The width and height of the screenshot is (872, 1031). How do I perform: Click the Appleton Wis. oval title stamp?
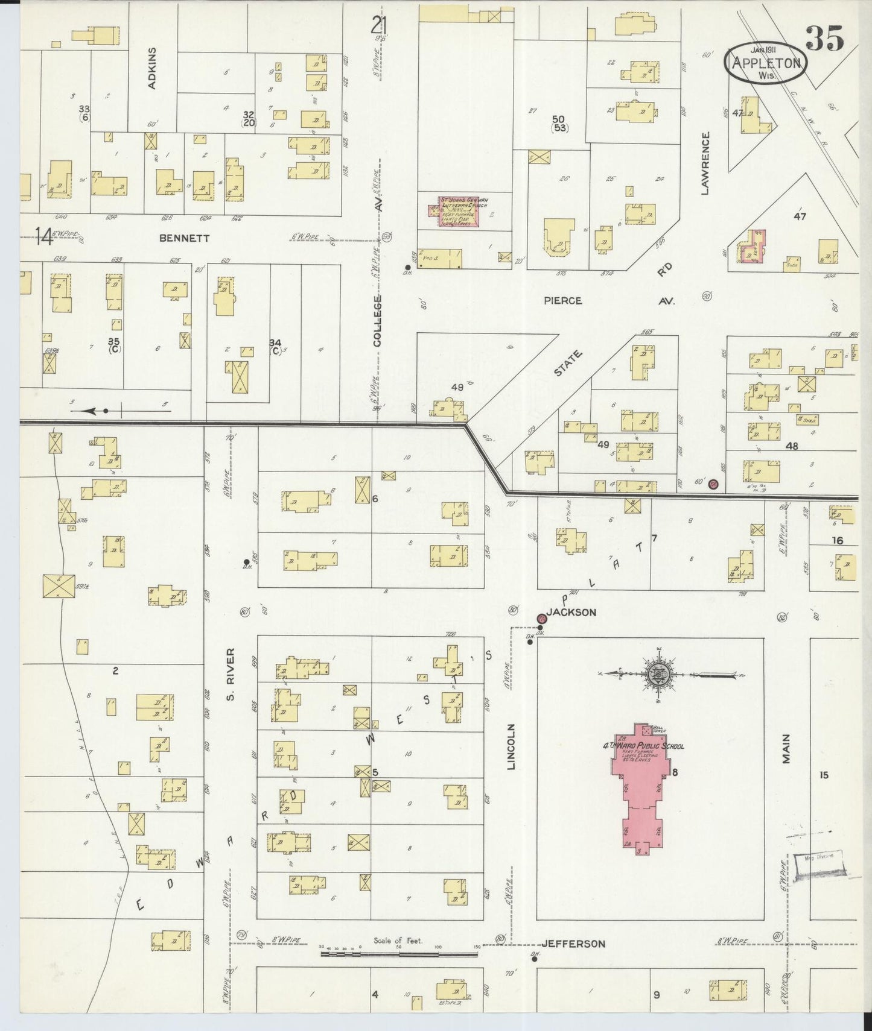[766, 62]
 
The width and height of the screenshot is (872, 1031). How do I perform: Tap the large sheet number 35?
[825, 39]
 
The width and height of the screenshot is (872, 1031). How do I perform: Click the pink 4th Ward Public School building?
[641, 790]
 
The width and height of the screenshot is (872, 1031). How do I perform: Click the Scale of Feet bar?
[398, 954]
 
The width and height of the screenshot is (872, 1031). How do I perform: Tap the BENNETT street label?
[184, 238]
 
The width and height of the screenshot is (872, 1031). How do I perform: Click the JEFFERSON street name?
[573, 944]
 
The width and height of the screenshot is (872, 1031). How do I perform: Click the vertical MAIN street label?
[786, 748]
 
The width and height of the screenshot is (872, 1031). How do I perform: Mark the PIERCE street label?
[562, 300]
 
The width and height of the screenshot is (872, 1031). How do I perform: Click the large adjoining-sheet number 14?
[43, 236]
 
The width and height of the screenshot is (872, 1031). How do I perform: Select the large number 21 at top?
[379, 26]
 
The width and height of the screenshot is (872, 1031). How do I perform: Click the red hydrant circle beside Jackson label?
[541, 619]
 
